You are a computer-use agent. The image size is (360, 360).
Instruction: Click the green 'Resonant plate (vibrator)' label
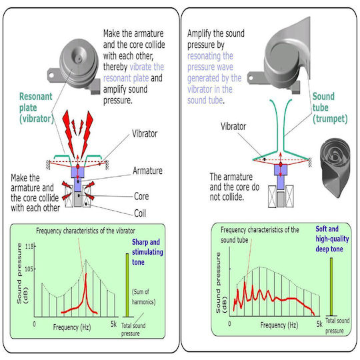point(36,108)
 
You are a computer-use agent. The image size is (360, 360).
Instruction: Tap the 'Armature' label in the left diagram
point(147,171)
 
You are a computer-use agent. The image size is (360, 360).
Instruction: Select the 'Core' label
point(141,197)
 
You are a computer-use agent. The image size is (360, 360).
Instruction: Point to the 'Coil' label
point(140,213)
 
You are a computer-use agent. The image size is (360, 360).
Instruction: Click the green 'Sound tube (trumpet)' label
point(330,108)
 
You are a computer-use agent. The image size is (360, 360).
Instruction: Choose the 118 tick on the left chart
point(29,247)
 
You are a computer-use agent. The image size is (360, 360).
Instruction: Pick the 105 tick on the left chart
point(29,269)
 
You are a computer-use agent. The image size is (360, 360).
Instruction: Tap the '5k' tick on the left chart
point(113,324)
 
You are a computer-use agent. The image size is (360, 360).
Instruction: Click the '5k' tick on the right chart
point(319,324)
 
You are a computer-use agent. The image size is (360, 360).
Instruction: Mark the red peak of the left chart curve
point(86,274)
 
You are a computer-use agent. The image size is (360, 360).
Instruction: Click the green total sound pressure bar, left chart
point(127,285)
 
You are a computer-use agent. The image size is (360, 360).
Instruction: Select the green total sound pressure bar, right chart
point(331,287)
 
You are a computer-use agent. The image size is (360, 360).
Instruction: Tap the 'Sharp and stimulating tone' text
point(147,252)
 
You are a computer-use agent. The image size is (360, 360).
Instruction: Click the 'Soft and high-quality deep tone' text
point(332,239)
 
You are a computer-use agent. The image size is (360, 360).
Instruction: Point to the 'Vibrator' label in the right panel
point(233,127)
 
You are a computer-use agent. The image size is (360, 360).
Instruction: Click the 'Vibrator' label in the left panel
point(145,133)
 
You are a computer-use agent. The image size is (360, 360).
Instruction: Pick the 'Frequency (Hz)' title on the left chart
point(72,327)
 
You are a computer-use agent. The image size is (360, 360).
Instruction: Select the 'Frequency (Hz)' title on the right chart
point(279,325)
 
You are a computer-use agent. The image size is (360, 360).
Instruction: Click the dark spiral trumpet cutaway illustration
point(335,167)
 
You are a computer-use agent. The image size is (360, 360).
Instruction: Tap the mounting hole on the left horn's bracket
point(51,75)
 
